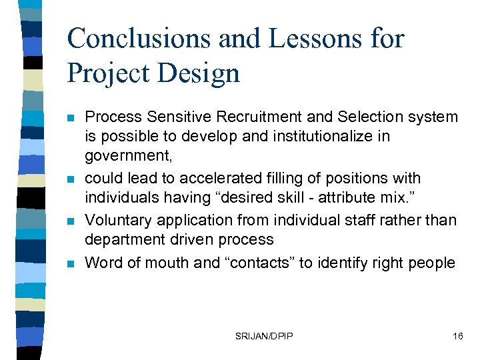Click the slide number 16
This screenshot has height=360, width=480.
(457, 336)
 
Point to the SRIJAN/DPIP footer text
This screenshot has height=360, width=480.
(265, 336)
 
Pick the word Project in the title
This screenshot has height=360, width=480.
(109, 73)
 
